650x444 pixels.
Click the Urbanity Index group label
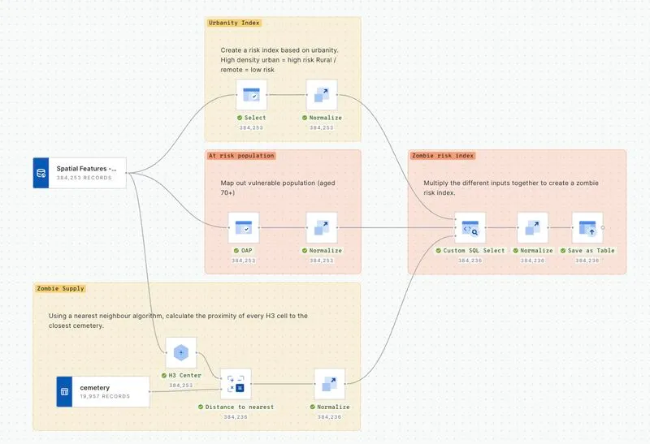tap(235, 23)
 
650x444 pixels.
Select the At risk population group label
tap(241, 155)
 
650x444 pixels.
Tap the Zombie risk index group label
tap(444, 155)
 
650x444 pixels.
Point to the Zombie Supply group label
tap(61, 288)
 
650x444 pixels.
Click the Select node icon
tap(251, 95)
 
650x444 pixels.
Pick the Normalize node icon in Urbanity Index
tap(322, 95)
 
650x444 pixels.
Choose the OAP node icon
tap(243, 228)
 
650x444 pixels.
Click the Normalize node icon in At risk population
tap(321, 228)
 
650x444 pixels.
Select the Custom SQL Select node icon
tap(470, 228)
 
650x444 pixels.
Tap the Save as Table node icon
tap(587, 228)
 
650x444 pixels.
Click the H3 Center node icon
tap(181, 352)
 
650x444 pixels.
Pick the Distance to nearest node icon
tap(236, 384)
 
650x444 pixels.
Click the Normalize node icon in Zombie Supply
tap(329, 384)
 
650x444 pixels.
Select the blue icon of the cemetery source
tap(65, 391)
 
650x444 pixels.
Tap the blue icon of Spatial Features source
tap(41, 173)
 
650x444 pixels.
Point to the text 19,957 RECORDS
tap(105, 397)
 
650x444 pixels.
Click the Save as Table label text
tap(591, 251)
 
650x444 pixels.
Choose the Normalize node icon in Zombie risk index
tap(532, 228)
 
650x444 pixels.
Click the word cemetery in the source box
tap(95, 387)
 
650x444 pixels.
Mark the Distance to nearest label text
tap(240, 407)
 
